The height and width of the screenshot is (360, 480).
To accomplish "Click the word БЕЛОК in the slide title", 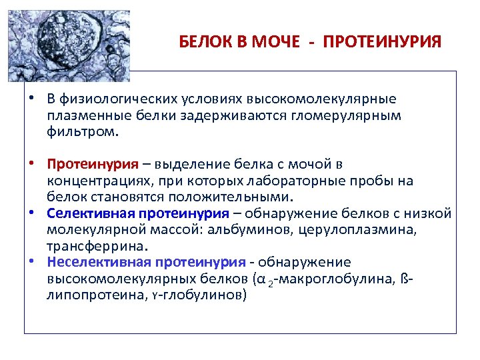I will point(202,42).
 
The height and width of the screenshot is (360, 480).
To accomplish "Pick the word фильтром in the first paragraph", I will point(81,131).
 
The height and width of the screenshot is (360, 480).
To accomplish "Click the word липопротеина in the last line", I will point(90,294).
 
